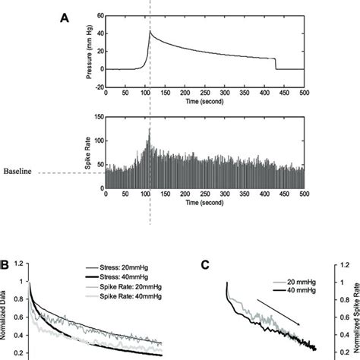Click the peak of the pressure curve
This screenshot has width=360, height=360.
click(x=150, y=31)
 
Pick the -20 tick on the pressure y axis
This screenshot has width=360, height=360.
click(x=95, y=85)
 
